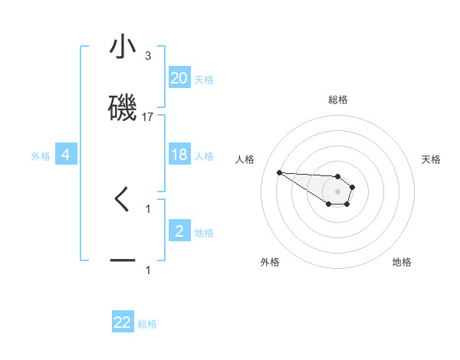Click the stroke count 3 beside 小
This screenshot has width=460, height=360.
tap(148, 56)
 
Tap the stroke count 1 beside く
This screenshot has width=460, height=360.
tap(148, 208)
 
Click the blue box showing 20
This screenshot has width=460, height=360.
tap(179, 77)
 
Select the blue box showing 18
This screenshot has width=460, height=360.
tap(179, 155)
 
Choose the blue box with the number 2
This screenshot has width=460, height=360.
tap(179, 231)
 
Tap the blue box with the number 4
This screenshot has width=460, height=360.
tap(66, 155)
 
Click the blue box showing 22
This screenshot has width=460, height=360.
tap(123, 322)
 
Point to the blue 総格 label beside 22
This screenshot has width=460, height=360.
tap(147, 324)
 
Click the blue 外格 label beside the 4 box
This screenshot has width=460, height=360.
tap(41, 156)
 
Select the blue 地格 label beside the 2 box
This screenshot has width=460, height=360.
tap(204, 233)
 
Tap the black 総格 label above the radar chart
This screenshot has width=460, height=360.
tap(338, 100)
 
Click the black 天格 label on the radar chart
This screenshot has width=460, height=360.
tap(431, 159)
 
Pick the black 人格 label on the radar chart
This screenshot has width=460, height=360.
tap(245, 159)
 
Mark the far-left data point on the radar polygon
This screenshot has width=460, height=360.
tap(279, 172)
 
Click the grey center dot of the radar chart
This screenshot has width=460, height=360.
tap(337, 191)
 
